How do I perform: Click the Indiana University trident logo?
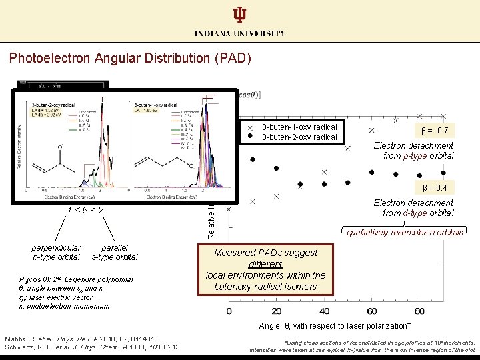[240, 15]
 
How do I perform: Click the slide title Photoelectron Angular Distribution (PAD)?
[130, 58]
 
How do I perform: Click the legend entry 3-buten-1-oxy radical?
[299, 127]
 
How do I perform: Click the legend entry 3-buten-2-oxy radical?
[299, 137]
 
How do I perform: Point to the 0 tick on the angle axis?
[229, 311]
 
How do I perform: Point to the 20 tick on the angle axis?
[277, 311]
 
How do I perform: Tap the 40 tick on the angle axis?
[325, 311]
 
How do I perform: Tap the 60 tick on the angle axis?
[372, 311]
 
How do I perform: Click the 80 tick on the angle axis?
[419, 311]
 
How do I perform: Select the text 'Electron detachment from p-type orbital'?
[413, 151]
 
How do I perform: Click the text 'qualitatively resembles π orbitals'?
[405, 233]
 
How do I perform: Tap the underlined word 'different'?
[266, 264]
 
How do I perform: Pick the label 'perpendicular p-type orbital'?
[56, 252]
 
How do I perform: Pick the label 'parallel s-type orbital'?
[115, 252]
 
